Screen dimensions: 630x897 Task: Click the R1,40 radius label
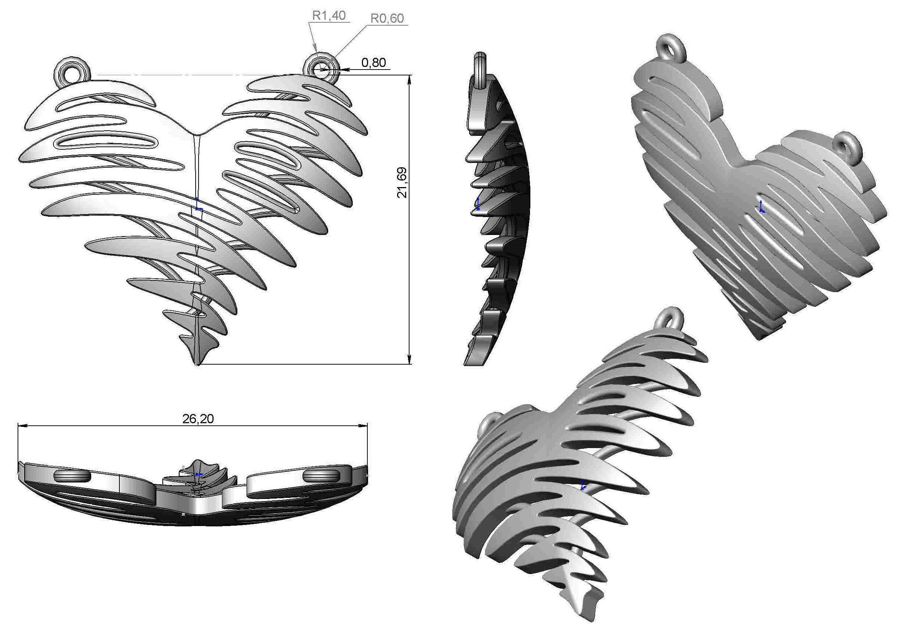point(329,16)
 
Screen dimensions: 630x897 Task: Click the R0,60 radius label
point(387,18)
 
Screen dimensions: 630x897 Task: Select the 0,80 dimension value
point(373,63)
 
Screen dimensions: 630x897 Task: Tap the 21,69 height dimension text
point(402,182)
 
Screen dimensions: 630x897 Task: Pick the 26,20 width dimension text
point(198,419)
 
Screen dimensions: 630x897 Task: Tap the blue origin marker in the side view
point(477,203)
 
